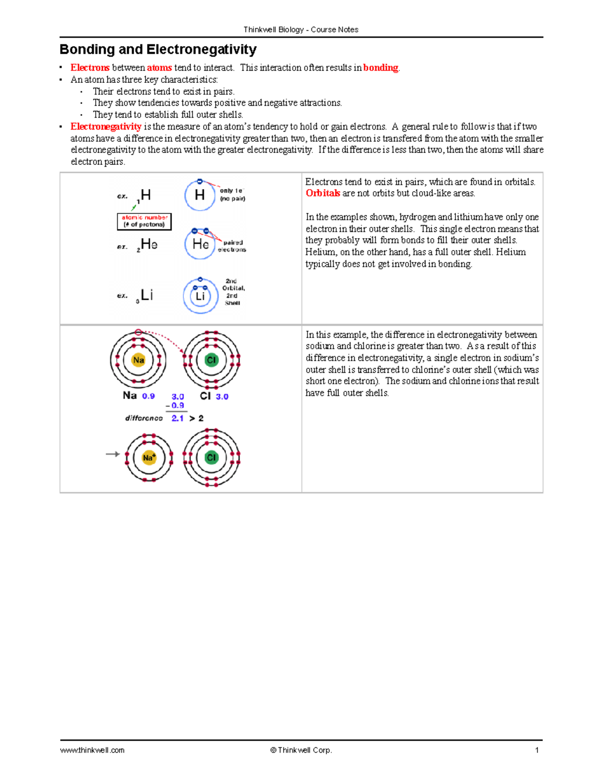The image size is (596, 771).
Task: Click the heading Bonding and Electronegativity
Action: [x=158, y=50]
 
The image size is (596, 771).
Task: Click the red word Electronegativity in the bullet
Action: [x=106, y=127]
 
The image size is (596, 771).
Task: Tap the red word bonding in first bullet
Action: [x=380, y=68]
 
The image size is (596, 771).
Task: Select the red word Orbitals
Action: [x=323, y=193]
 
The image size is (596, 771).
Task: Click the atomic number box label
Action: [x=144, y=221]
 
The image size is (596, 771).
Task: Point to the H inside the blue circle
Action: [x=200, y=195]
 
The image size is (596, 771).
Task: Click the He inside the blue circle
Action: [x=200, y=244]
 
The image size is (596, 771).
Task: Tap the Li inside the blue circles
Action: [x=200, y=296]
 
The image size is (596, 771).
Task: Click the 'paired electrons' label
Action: [x=232, y=246]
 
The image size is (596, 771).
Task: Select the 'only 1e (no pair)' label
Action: [x=232, y=195]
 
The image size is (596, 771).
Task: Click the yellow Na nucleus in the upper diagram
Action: [x=139, y=360]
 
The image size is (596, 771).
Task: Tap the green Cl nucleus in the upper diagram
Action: [x=212, y=360]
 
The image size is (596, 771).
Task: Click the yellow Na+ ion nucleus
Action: [x=149, y=458]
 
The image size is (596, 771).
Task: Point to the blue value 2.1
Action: [x=177, y=419]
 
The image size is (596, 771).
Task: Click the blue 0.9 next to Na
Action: [x=148, y=396]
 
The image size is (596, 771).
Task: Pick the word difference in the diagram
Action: [x=144, y=419]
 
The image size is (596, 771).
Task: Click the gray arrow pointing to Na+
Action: [x=113, y=454]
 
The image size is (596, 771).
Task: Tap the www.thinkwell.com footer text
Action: [x=92, y=750]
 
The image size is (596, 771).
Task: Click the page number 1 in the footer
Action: [x=537, y=750]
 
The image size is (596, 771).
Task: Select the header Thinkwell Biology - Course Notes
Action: [x=301, y=30]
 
